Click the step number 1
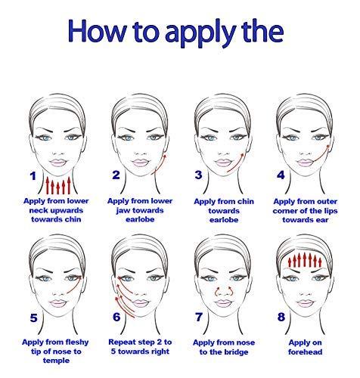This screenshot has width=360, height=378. point(33,176)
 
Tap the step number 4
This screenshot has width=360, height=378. point(281,175)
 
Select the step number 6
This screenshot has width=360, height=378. point(116,317)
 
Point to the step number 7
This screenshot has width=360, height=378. point(199,317)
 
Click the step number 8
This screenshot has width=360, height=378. point(281,317)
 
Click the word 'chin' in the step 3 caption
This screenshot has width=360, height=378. point(246,201)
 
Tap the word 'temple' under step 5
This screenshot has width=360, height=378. point(56,361)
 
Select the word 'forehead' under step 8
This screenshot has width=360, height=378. point(305,352)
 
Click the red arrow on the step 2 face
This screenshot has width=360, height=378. point(160,164)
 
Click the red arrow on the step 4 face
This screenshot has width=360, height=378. point(321,153)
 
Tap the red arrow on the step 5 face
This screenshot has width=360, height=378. point(76,285)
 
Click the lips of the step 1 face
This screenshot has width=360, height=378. point(57,163)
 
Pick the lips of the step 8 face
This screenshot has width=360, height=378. point(305,303)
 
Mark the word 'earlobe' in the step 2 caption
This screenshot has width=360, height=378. point(140,219)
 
